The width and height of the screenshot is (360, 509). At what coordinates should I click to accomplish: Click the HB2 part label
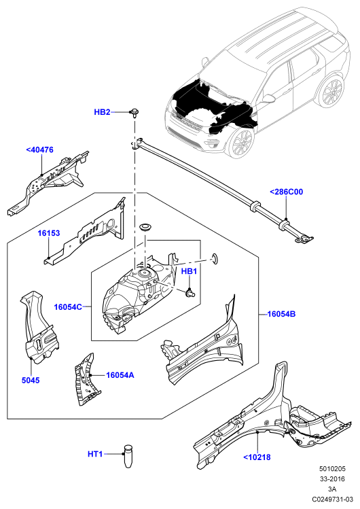102,112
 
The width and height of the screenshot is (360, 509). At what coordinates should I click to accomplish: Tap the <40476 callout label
39,150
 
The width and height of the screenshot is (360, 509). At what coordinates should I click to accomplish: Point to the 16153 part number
49,233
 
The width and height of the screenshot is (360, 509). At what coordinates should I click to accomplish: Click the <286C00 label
287,192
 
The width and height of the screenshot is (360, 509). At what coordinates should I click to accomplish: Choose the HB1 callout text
189,271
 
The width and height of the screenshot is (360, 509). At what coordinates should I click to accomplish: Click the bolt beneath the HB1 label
189,292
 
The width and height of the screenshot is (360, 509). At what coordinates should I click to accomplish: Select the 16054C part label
68,306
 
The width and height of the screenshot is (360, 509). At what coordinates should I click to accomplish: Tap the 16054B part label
281,314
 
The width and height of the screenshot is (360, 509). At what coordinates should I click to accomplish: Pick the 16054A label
120,375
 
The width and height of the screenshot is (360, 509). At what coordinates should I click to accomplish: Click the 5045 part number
31,380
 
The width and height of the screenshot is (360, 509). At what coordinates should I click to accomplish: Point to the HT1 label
95,454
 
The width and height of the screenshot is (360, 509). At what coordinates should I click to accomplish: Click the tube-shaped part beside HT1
129,456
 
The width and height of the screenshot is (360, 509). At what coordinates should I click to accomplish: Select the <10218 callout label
257,457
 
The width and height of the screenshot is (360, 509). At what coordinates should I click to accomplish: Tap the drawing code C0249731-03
332,499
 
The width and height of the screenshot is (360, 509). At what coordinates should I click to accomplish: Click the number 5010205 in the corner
332,469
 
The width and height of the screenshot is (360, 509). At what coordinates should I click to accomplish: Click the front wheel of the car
241,143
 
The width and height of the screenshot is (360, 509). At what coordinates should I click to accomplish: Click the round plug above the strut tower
145,227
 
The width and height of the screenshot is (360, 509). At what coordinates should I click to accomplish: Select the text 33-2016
332,479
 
